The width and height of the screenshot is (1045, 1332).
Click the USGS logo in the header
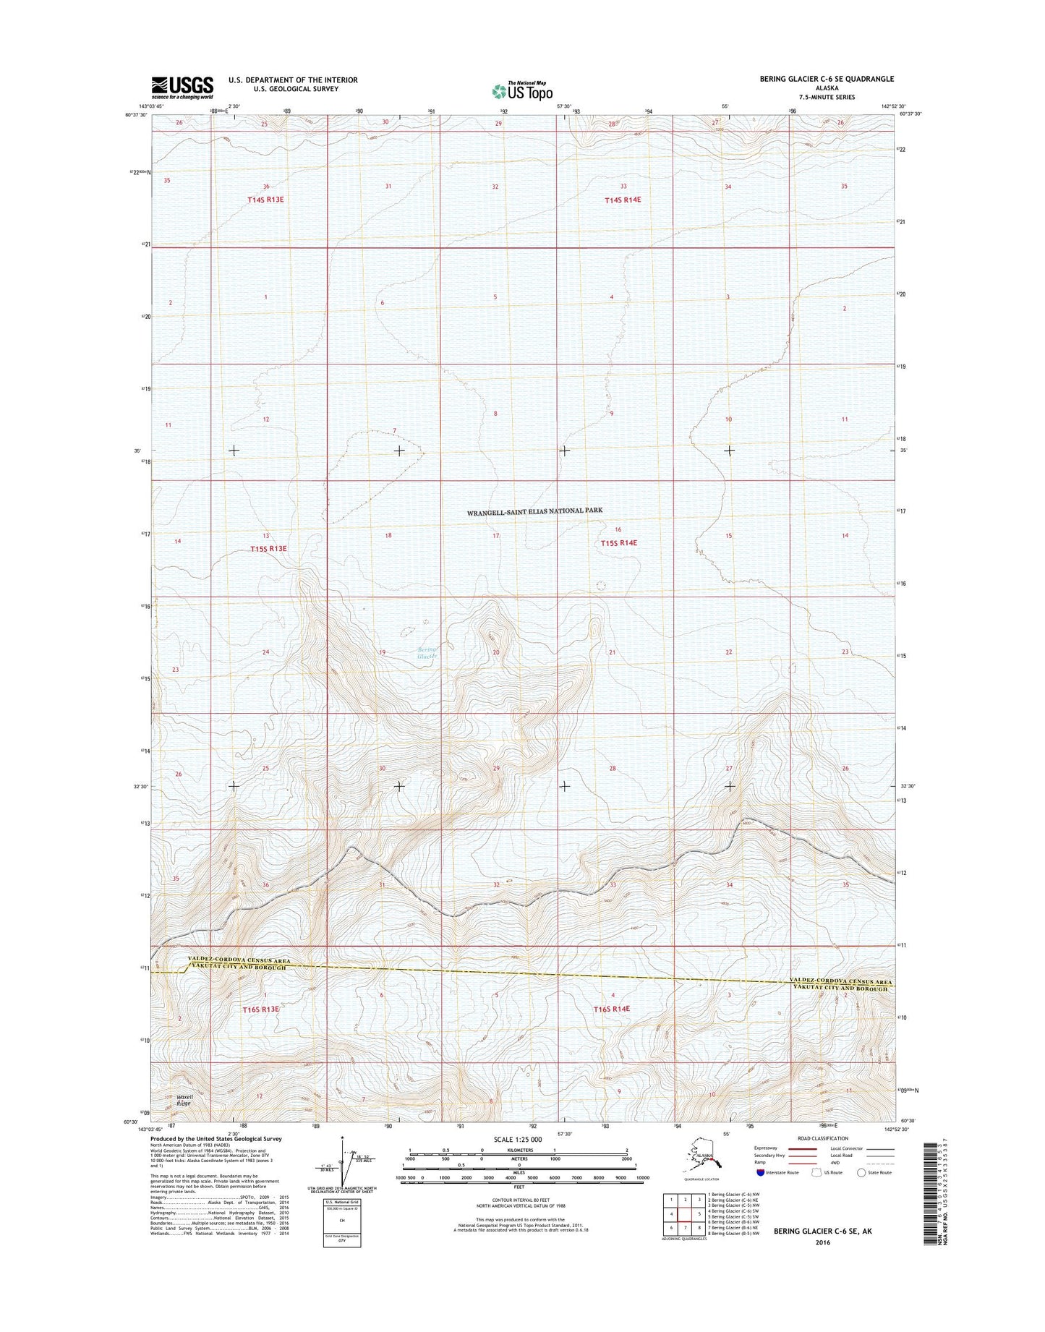point(182,87)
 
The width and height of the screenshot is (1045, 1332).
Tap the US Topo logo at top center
point(522,90)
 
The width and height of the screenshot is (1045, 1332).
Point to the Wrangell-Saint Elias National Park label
point(534,511)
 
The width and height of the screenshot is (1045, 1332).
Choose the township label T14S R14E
point(623,199)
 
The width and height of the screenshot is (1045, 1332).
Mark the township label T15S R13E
point(268,549)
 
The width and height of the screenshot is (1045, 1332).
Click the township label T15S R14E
point(618,543)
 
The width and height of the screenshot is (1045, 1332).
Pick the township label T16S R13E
point(261,1009)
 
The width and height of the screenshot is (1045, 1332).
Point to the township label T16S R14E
point(612,1009)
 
